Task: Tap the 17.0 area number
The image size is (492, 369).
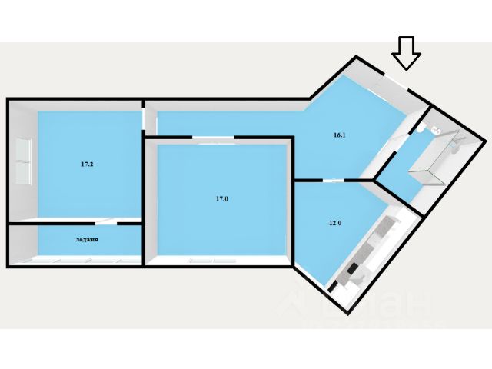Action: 221,199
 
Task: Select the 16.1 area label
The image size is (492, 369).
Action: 339,135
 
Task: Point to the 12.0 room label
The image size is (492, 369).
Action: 334,223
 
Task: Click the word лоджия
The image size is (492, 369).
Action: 86,240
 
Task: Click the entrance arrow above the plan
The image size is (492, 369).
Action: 406,53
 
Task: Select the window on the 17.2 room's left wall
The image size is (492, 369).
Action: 23,162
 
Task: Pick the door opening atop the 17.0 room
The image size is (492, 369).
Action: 213,138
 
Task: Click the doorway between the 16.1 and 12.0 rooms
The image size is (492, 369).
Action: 333,181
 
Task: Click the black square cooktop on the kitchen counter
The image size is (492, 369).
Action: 354,271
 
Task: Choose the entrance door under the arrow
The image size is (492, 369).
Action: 397,81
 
